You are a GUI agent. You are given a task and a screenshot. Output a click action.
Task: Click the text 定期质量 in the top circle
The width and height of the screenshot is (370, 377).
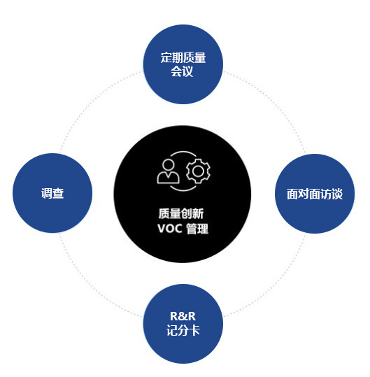[x=183, y=57]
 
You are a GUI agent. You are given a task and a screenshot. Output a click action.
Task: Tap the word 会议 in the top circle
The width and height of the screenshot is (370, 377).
[x=182, y=71]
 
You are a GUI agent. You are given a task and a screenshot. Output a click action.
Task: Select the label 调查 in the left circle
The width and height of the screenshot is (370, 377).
[x=52, y=193]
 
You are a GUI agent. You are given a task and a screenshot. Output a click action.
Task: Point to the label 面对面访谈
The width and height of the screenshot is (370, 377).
[x=315, y=194]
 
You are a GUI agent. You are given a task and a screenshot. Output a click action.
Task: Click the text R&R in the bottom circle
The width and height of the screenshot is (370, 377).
[x=183, y=316]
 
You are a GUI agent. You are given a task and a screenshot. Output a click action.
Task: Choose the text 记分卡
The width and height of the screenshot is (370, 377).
[x=183, y=330]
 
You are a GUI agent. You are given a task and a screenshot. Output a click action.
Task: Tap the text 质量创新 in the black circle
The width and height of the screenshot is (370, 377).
[x=181, y=213]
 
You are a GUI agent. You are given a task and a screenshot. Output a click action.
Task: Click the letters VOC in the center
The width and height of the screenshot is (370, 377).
[x=170, y=229]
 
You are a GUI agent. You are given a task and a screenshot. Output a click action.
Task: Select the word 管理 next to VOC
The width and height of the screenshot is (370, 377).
[x=197, y=229]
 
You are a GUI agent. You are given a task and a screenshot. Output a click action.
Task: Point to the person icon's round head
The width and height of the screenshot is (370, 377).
[x=168, y=165]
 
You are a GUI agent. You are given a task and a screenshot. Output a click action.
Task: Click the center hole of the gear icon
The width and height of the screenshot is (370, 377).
[x=198, y=171]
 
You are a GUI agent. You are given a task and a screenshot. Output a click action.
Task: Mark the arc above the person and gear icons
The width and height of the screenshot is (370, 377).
[x=183, y=151]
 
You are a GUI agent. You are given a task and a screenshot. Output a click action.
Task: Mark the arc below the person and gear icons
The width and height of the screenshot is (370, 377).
[x=183, y=190]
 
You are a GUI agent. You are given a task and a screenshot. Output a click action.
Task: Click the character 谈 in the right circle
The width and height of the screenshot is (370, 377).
[x=337, y=194]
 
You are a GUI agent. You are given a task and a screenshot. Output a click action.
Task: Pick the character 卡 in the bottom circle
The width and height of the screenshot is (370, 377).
[x=194, y=330]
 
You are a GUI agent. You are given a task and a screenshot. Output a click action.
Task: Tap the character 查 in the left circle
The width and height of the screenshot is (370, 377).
[x=58, y=193]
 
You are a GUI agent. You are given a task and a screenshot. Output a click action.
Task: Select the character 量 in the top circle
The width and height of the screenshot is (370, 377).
[x=200, y=57]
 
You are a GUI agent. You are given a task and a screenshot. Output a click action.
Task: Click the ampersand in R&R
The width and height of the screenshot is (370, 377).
[x=183, y=316]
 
